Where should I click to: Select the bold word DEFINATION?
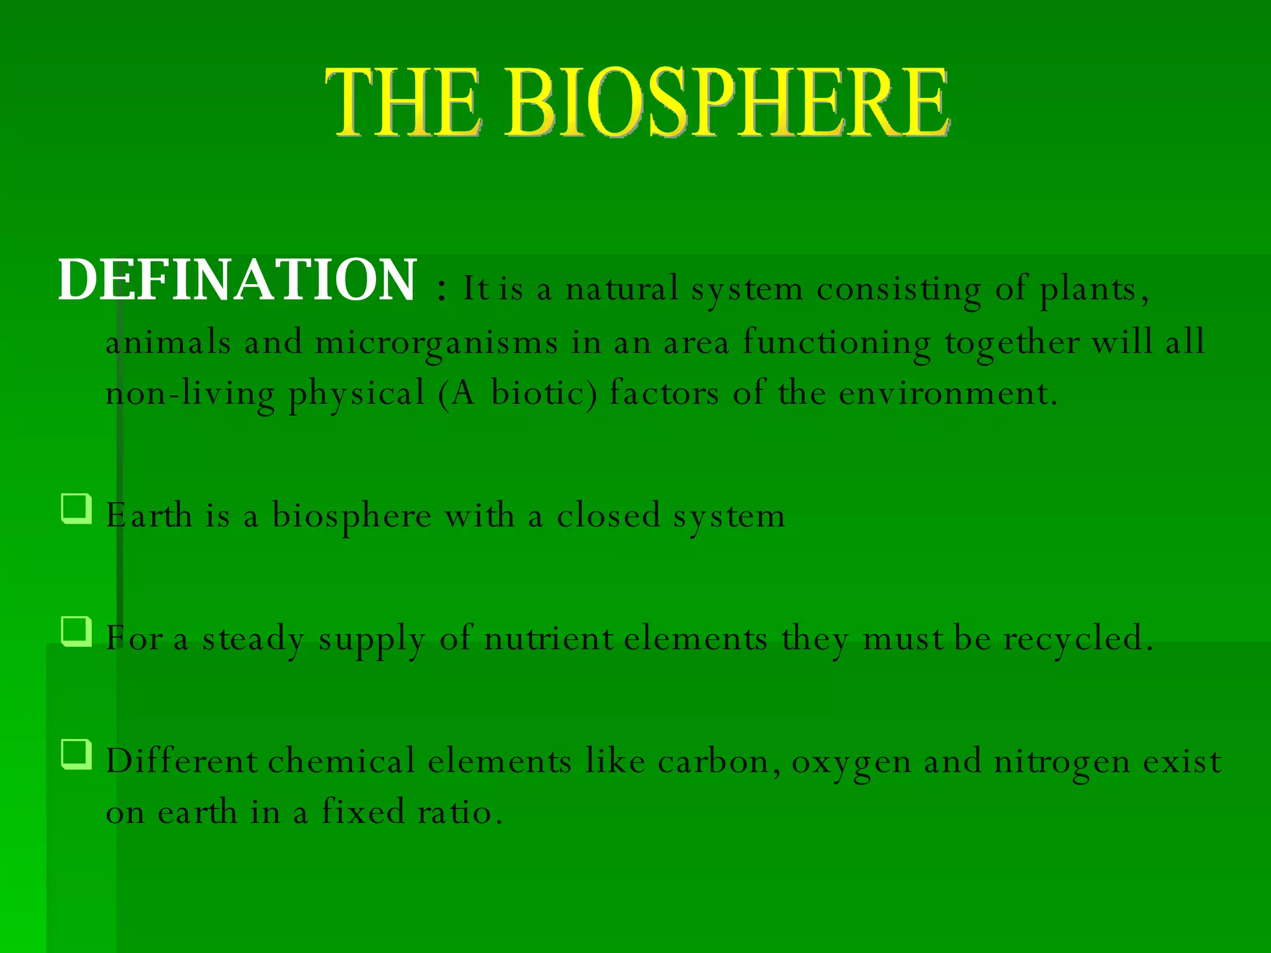coord(237,280)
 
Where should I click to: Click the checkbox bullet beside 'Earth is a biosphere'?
coord(77,509)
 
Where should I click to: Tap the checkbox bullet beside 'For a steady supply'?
coord(77,632)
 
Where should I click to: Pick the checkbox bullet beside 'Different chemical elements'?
coord(77,754)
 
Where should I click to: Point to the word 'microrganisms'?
coord(436,344)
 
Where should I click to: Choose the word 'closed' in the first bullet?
coord(608,516)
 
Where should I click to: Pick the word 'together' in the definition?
coord(1012,344)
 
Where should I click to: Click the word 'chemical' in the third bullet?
coord(341,762)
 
